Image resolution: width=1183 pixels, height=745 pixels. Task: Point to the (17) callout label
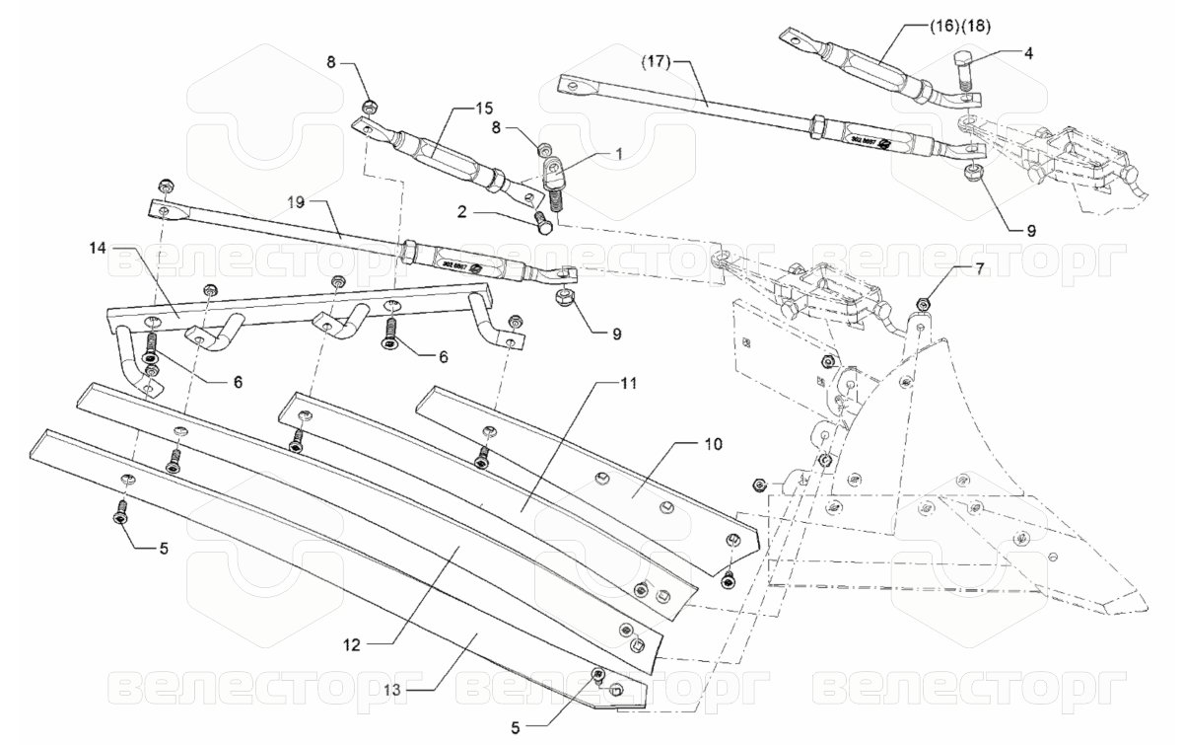click(655, 62)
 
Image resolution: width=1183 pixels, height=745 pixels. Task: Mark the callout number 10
click(713, 444)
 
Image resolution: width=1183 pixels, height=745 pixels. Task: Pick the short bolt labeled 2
click(540, 223)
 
